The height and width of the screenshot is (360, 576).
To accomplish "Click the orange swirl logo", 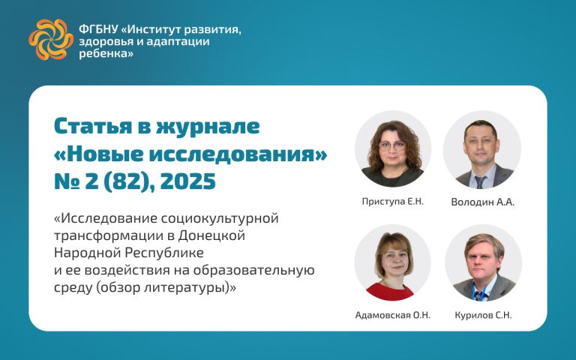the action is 51,39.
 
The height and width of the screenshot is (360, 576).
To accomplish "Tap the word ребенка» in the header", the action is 106,54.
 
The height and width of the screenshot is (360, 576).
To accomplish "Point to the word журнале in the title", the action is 208,126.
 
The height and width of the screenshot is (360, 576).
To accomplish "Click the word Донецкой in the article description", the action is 211,235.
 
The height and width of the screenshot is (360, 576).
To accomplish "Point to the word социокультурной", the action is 220,218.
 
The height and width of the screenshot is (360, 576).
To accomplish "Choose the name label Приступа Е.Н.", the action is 393,201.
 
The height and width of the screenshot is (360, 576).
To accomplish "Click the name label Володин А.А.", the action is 483,202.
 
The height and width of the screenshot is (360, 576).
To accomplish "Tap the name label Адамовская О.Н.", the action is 393,315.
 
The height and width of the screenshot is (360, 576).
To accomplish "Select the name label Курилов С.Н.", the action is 483,315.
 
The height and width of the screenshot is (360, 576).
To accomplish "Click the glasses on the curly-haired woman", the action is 392,145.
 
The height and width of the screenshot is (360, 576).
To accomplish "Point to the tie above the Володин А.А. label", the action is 480,181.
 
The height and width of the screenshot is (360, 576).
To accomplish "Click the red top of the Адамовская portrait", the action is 390,291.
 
